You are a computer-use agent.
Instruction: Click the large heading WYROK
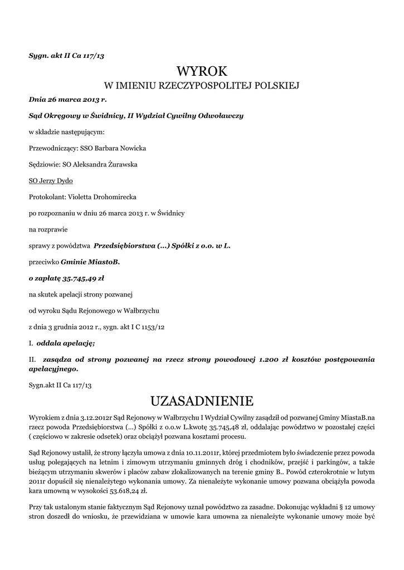point(202,71)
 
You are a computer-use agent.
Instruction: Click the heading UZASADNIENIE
point(202,401)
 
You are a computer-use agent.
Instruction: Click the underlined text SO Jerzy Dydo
point(51,181)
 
